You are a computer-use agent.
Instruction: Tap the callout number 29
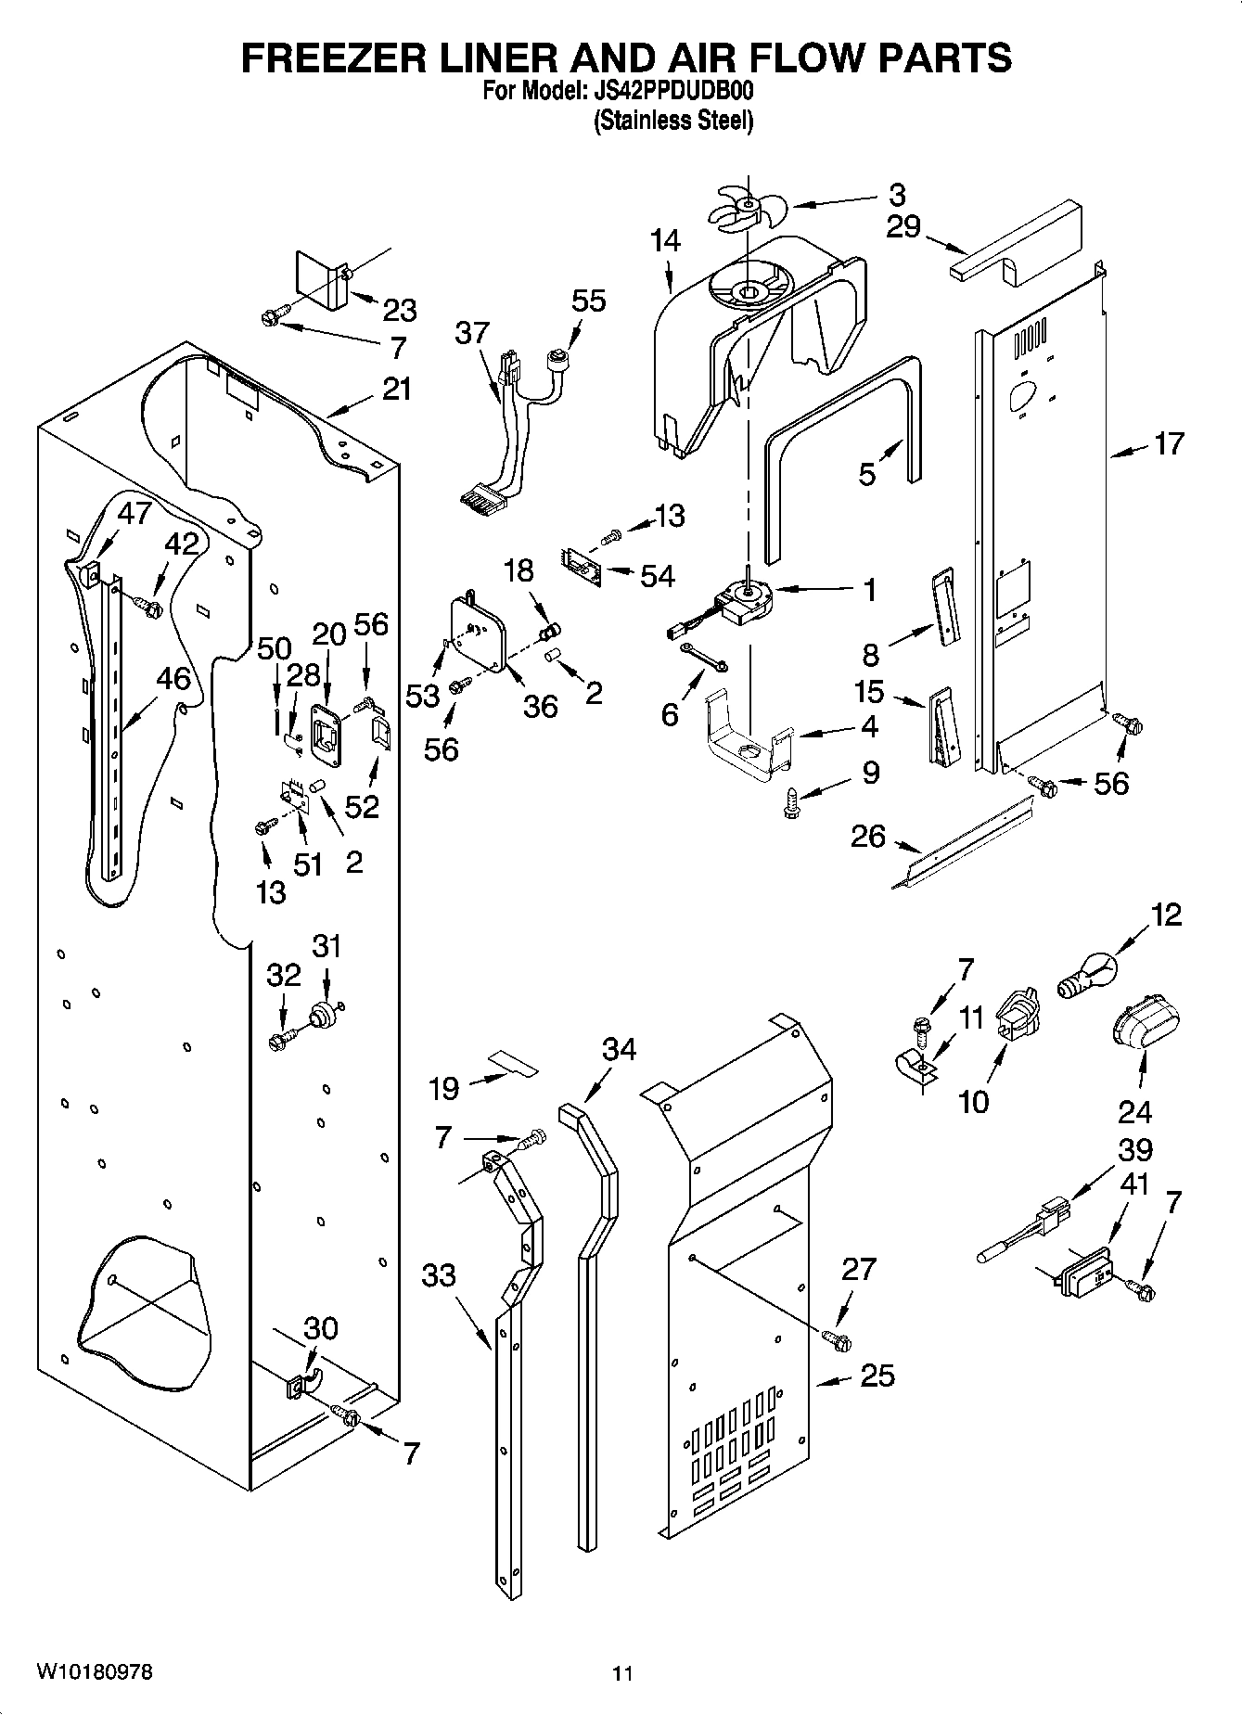903,225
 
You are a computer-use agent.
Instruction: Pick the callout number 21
396,389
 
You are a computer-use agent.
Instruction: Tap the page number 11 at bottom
622,1674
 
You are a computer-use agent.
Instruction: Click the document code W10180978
95,1672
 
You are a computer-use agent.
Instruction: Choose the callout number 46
173,678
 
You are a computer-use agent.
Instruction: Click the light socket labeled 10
1018,1014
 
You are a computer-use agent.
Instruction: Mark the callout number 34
620,1049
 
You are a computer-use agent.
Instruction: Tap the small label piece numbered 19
514,1063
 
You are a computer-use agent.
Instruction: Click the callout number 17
1169,443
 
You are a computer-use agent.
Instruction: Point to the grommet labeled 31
327,1014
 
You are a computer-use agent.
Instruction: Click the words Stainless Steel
673,121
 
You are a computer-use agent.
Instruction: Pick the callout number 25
877,1375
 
